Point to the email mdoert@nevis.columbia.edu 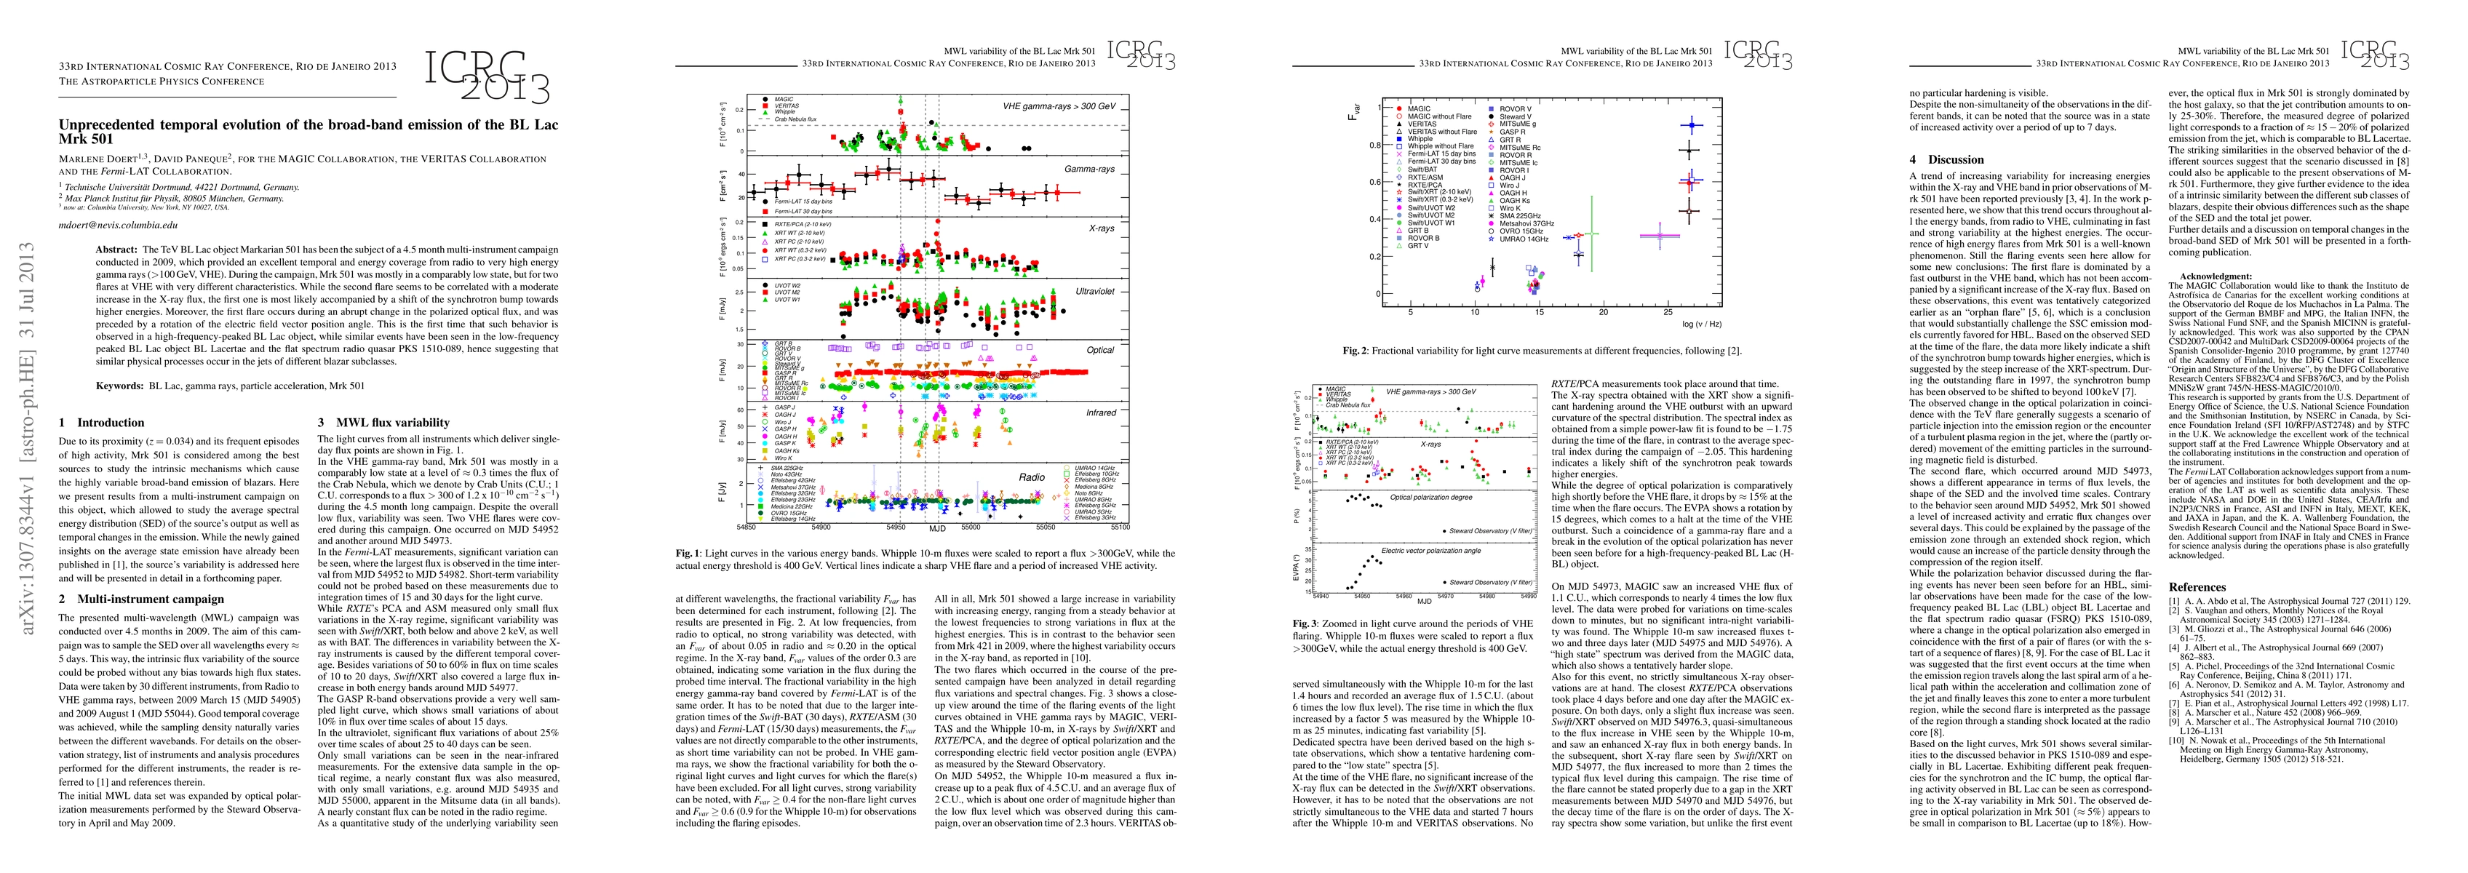point(119,226)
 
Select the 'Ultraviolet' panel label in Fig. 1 point(1095,291)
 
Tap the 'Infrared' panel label point(1101,413)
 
